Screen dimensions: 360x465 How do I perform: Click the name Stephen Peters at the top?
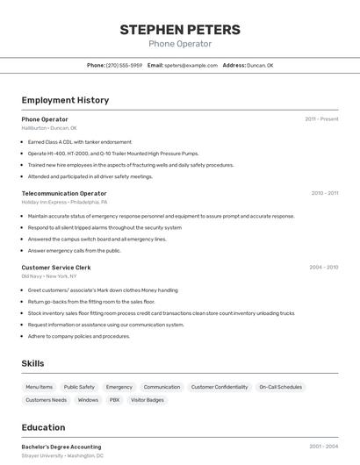click(180, 29)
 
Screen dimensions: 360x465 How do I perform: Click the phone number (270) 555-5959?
click(124, 65)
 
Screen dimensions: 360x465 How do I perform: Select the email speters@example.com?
click(191, 65)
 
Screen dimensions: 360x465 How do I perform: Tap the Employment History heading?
click(65, 100)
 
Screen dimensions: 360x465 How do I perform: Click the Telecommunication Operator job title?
click(64, 193)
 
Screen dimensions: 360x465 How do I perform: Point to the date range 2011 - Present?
click(321, 118)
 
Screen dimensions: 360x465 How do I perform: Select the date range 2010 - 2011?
click(324, 193)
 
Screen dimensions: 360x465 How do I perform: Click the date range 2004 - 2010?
click(323, 267)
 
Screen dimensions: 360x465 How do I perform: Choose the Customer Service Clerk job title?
click(56, 268)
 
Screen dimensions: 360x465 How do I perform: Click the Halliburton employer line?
click(49, 128)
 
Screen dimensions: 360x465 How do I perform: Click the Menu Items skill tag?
click(39, 387)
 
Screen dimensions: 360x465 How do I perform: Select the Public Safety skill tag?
click(79, 387)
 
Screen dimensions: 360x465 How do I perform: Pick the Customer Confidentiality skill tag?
click(220, 387)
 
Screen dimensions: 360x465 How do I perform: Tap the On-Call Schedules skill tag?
click(280, 387)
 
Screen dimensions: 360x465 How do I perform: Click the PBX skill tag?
click(114, 400)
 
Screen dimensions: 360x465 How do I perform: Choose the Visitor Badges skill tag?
click(148, 400)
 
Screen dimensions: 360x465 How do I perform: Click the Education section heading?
click(44, 427)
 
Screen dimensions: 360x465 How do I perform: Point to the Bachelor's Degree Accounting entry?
click(61, 447)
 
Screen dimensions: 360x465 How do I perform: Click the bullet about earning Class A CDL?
click(80, 141)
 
